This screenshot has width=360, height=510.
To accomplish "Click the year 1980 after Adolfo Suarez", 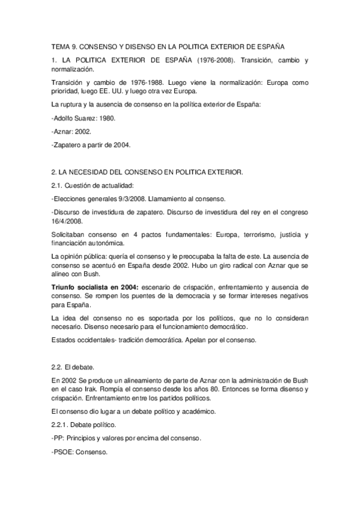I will pos(105,118).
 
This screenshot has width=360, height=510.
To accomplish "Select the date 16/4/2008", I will pos(69,221).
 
